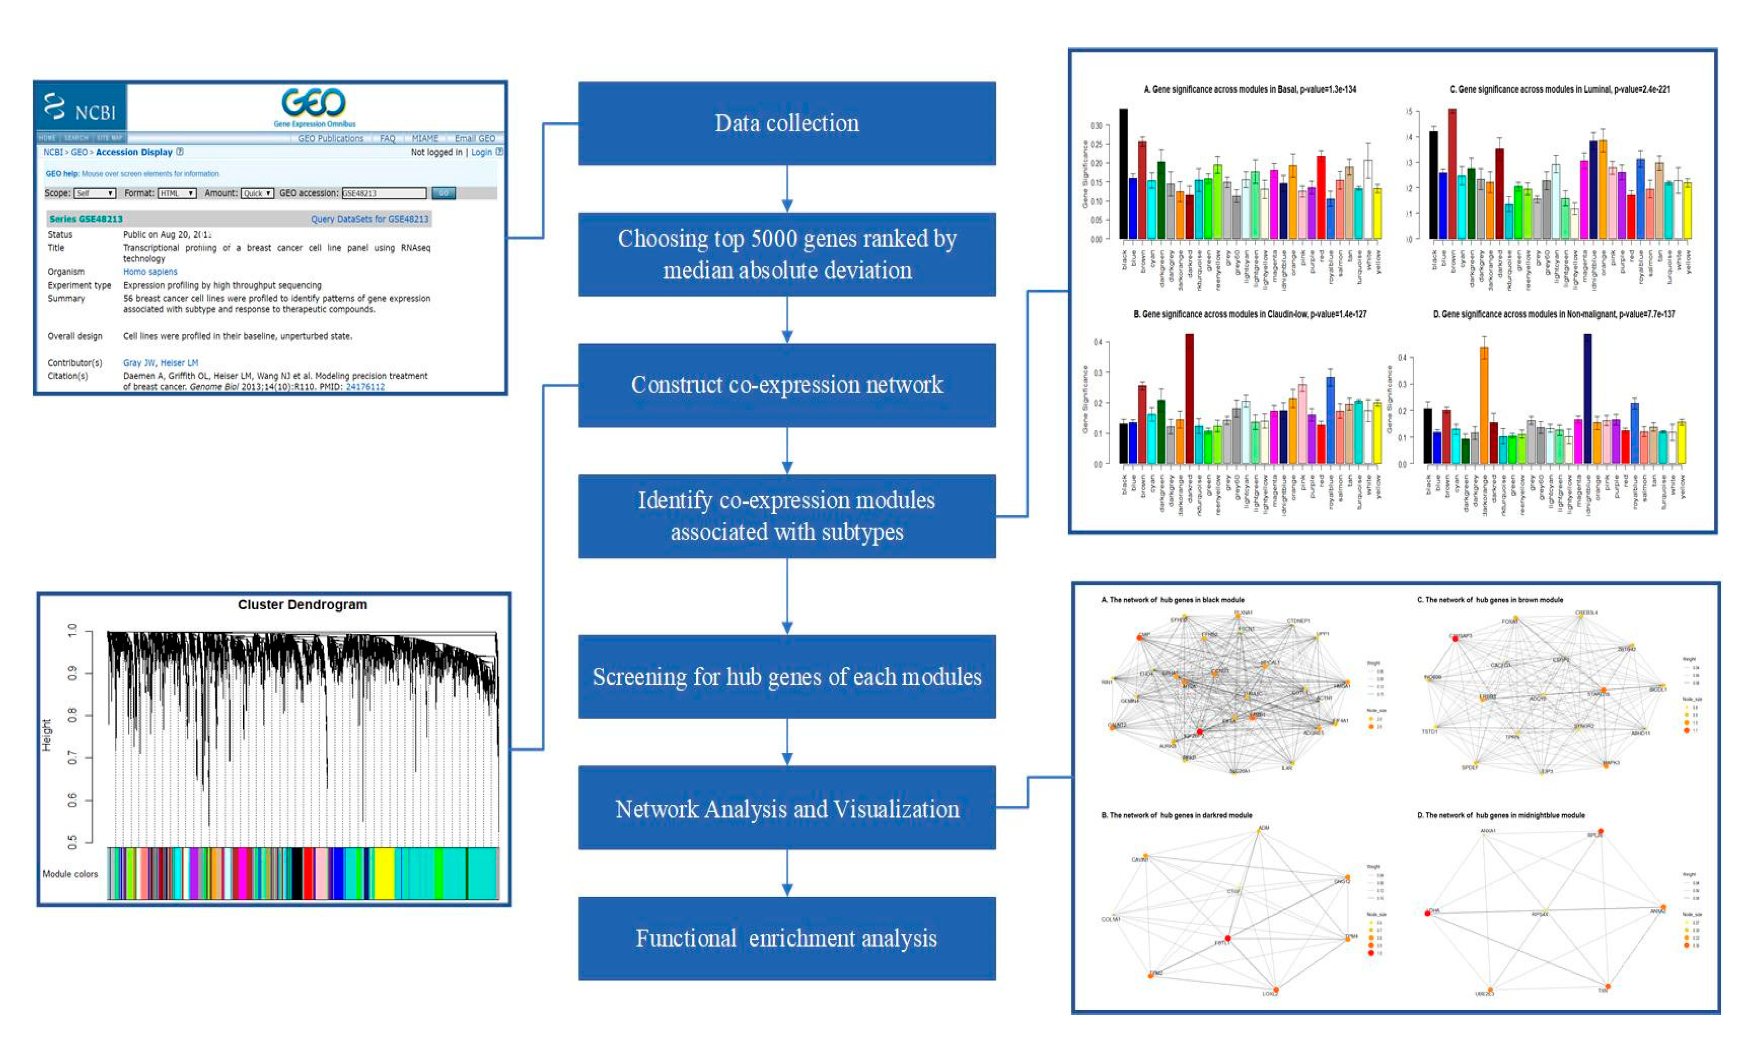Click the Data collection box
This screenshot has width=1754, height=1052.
(x=786, y=124)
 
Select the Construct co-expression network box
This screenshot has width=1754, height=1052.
(x=786, y=385)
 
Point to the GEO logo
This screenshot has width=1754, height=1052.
(x=314, y=104)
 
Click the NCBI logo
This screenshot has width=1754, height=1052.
(x=80, y=108)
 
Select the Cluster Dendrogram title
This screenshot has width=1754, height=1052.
(x=302, y=605)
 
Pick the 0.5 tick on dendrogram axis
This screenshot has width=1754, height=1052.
(x=72, y=842)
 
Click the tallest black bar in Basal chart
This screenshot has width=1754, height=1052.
(x=1123, y=174)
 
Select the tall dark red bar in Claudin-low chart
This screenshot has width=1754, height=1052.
(x=1189, y=398)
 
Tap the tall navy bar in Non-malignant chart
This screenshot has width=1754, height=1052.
(x=1587, y=398)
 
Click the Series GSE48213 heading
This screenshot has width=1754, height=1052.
(x=86, y=219)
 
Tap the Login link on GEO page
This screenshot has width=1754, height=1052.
(x=481, y=152)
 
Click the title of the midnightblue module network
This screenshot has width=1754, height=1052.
(x=1500, y=815)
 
